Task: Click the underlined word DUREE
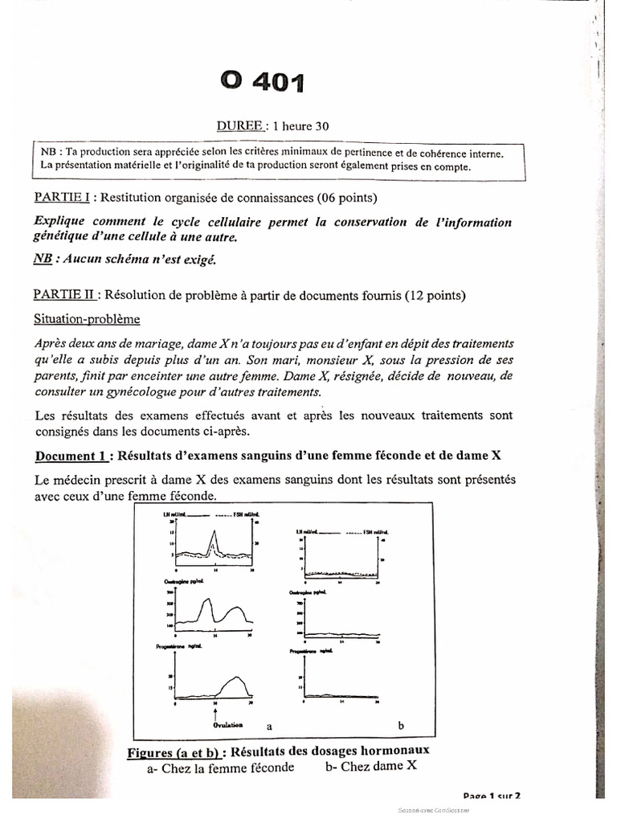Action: coord(239,125)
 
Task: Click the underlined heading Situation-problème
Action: coord(87,319)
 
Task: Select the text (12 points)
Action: coord(435,295)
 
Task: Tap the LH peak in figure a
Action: coord(214,532)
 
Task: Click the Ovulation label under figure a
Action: coord(215,725)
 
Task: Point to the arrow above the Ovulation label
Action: coord(215,710)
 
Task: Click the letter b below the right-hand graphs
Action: coord(401,725)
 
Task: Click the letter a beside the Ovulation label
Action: coord(271,726)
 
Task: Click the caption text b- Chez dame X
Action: coord(371,766)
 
